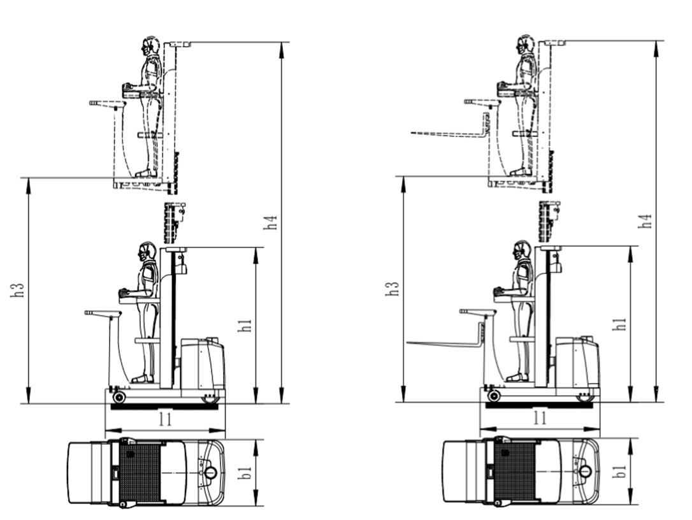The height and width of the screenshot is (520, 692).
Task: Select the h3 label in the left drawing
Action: [x=17, y=289]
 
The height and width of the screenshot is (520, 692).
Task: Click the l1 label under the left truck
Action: [x=166, y=419]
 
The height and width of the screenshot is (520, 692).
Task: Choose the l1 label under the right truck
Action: [x=540, y=417]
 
